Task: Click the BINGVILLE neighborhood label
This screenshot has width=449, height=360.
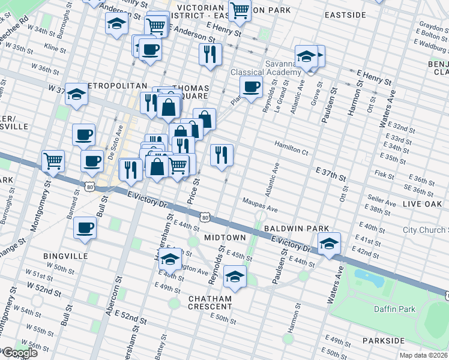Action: pyautogui.click(x=65, y=256)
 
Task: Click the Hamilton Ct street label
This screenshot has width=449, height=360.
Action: pyautogui.click(x=291, y=145)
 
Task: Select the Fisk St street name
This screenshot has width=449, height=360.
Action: pyautogui.click(x=382, y=175)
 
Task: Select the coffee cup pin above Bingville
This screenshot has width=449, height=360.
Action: pyautogui.click(x=85, y=229)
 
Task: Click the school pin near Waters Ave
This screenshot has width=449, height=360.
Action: pyautogui.click(x=329, y=243)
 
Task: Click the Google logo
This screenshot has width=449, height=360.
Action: pyautogui.click(x=19, y=353)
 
